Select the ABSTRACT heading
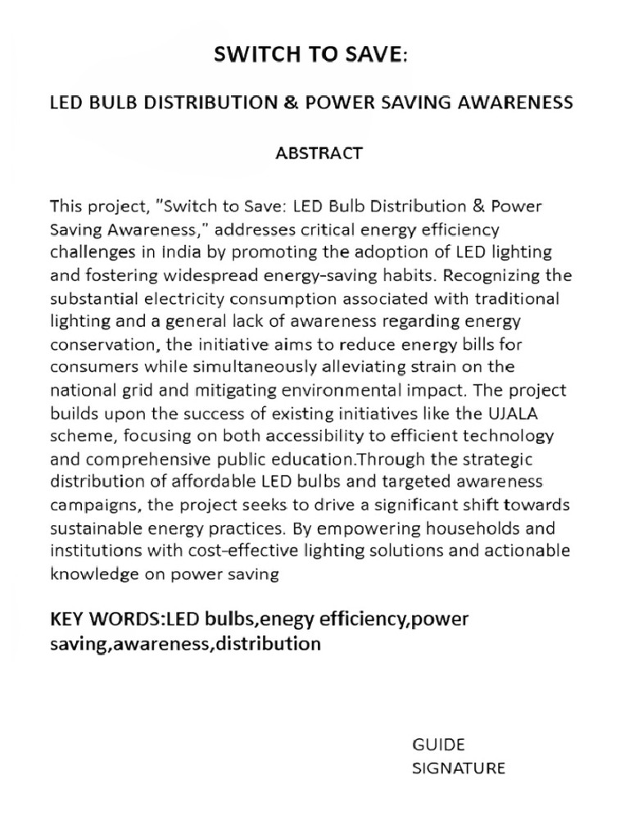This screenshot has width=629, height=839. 319,153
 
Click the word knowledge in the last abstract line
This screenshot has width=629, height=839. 88,574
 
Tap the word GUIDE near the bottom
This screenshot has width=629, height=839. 437,745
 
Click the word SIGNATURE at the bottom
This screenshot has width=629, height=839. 458,768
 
